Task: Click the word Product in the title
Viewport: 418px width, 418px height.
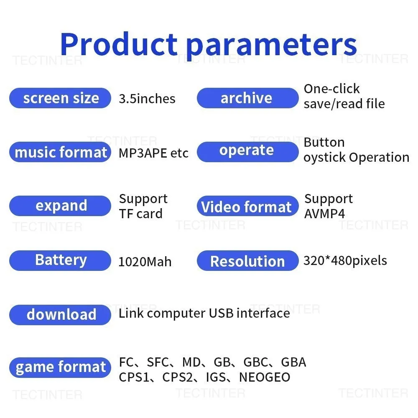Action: [x=119, y=44]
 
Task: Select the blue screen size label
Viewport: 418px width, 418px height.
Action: [x=60, y=98]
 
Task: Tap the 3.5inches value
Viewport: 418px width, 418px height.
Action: [x=147, y=99]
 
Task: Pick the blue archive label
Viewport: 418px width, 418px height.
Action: [x=247, y=98]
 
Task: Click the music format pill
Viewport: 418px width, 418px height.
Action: [x=60, y=152]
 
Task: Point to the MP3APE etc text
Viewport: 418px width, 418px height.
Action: [x=153, y=153]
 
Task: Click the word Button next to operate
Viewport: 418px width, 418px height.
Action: [x=324, y=142]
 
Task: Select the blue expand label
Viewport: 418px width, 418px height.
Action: [x=60, y=206]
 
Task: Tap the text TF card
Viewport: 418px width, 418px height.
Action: [x=141, y=214]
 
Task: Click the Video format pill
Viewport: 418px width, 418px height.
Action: [x=247, y=206]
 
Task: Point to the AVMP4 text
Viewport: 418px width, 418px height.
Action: [x=324, y=214]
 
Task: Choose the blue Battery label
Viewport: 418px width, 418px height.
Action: [x=60, y=260]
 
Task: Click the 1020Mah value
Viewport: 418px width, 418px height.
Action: [x=145, y=262]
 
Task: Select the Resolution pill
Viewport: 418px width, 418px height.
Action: [x=247, y=260]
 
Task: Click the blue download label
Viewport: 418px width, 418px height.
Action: [x=60, y=315]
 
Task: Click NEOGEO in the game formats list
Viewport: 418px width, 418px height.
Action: [x=265, y=377]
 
